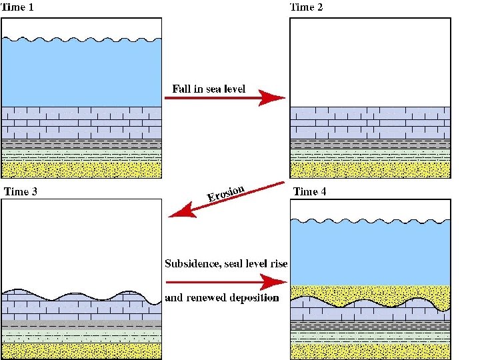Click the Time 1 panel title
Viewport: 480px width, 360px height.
tap(17, 7)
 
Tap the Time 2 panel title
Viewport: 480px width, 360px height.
tap(306, 7)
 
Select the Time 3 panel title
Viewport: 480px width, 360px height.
tap(21, 191)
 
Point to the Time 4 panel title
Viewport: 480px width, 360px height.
tap(309, 191)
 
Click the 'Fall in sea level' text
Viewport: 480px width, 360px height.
tap(209, 89)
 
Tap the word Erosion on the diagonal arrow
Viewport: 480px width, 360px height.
tap(225, 193)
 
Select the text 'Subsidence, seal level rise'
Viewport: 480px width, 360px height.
tap(226, 263)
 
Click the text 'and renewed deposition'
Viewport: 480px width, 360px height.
tap(222, 297)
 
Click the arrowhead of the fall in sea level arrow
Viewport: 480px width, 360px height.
tap(272, 98)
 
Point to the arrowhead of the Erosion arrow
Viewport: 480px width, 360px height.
tap(182, 211)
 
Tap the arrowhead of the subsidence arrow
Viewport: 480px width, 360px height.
tap(273, 282)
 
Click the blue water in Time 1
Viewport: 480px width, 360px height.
tap(81, 73)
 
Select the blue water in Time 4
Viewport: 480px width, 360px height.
tap(371, 253)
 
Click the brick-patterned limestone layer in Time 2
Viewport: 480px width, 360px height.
tap(371, 123)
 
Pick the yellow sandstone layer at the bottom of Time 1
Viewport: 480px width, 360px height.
tap(81, 169)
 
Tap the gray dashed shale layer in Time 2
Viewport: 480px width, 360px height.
tap(371, 144)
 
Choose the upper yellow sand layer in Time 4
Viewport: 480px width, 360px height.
tap(371, 293)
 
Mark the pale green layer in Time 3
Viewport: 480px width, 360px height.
tap(81, 336)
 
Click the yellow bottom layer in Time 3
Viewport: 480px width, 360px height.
tap(81, 351)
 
